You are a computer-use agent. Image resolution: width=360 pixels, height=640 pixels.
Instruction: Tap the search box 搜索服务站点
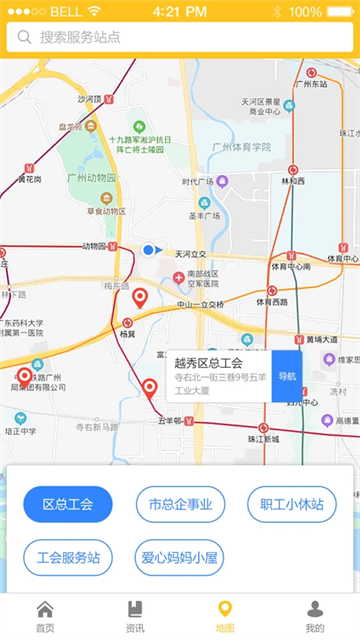click(x=180, y=38)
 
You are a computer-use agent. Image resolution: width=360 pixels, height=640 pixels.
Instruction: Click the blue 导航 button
click(x=287, y=376)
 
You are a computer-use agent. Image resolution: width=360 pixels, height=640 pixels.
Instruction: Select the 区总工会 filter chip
click(x=68, y=504)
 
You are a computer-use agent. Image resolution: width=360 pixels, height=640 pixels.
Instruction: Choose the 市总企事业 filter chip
click(x=180, y=504)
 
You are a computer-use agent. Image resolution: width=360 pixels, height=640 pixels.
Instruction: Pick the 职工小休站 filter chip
click(x=292, y=504)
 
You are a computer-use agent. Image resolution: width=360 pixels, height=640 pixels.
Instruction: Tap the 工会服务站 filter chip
click(x=68, y=557)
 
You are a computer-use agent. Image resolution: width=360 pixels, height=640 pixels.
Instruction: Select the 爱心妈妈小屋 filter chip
click(x=180, y=557)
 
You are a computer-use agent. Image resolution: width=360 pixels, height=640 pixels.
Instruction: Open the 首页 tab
click(x=45, y=616)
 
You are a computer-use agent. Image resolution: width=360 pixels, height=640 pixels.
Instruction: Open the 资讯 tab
click(x=135, y=616)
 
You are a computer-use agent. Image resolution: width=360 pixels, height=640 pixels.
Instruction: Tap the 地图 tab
click(x=225, y=616)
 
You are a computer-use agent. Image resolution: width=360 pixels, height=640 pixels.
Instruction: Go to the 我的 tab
click(x=315, y=616)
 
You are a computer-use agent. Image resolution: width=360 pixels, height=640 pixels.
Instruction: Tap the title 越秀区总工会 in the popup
click(x=208, y=363)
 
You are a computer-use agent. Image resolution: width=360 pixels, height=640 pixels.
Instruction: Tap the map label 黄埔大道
click(x=322, y=339)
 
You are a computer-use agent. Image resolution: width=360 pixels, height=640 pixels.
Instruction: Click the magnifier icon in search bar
click(x=24, y=38)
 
